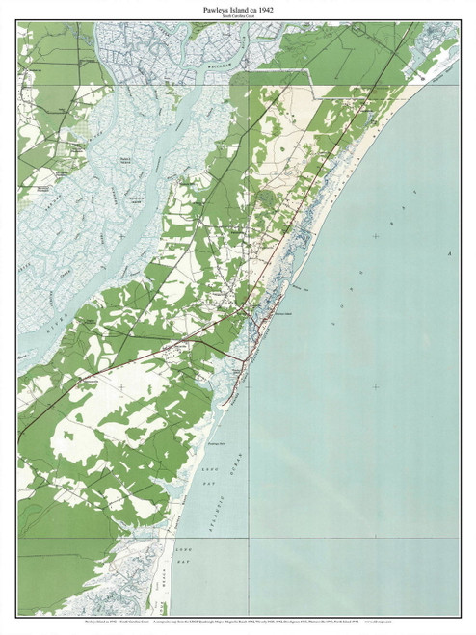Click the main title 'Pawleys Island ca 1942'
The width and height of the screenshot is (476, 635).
pyautogui.click(x=237, y=9)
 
